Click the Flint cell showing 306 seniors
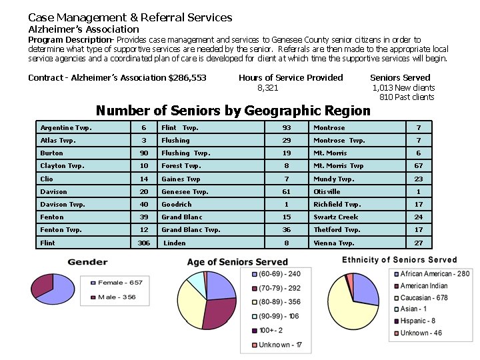pyautogui.click(x=143, y=243)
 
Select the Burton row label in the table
pyautogui.click(x=52, y=153)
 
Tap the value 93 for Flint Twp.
pyautogui.click(x=287, y=128)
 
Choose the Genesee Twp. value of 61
pyautogui.click(x=287, y=192)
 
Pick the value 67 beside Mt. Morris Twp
pyautogui.click(x=419, y=166)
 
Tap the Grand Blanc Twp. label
pyautogui.click(x=191, y=230)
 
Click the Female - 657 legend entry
pyautogui.click(x=121, y=283)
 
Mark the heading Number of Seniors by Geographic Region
pyautogui.click(x=233, y=111)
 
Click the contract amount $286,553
pyautogui.click(x=188, y=78)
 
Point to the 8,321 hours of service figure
pyautogui.click(x=268, y=88)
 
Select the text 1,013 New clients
pyautogui.click(x=403, y=88)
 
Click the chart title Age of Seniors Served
pyautogui.click(x=237, y=262)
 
